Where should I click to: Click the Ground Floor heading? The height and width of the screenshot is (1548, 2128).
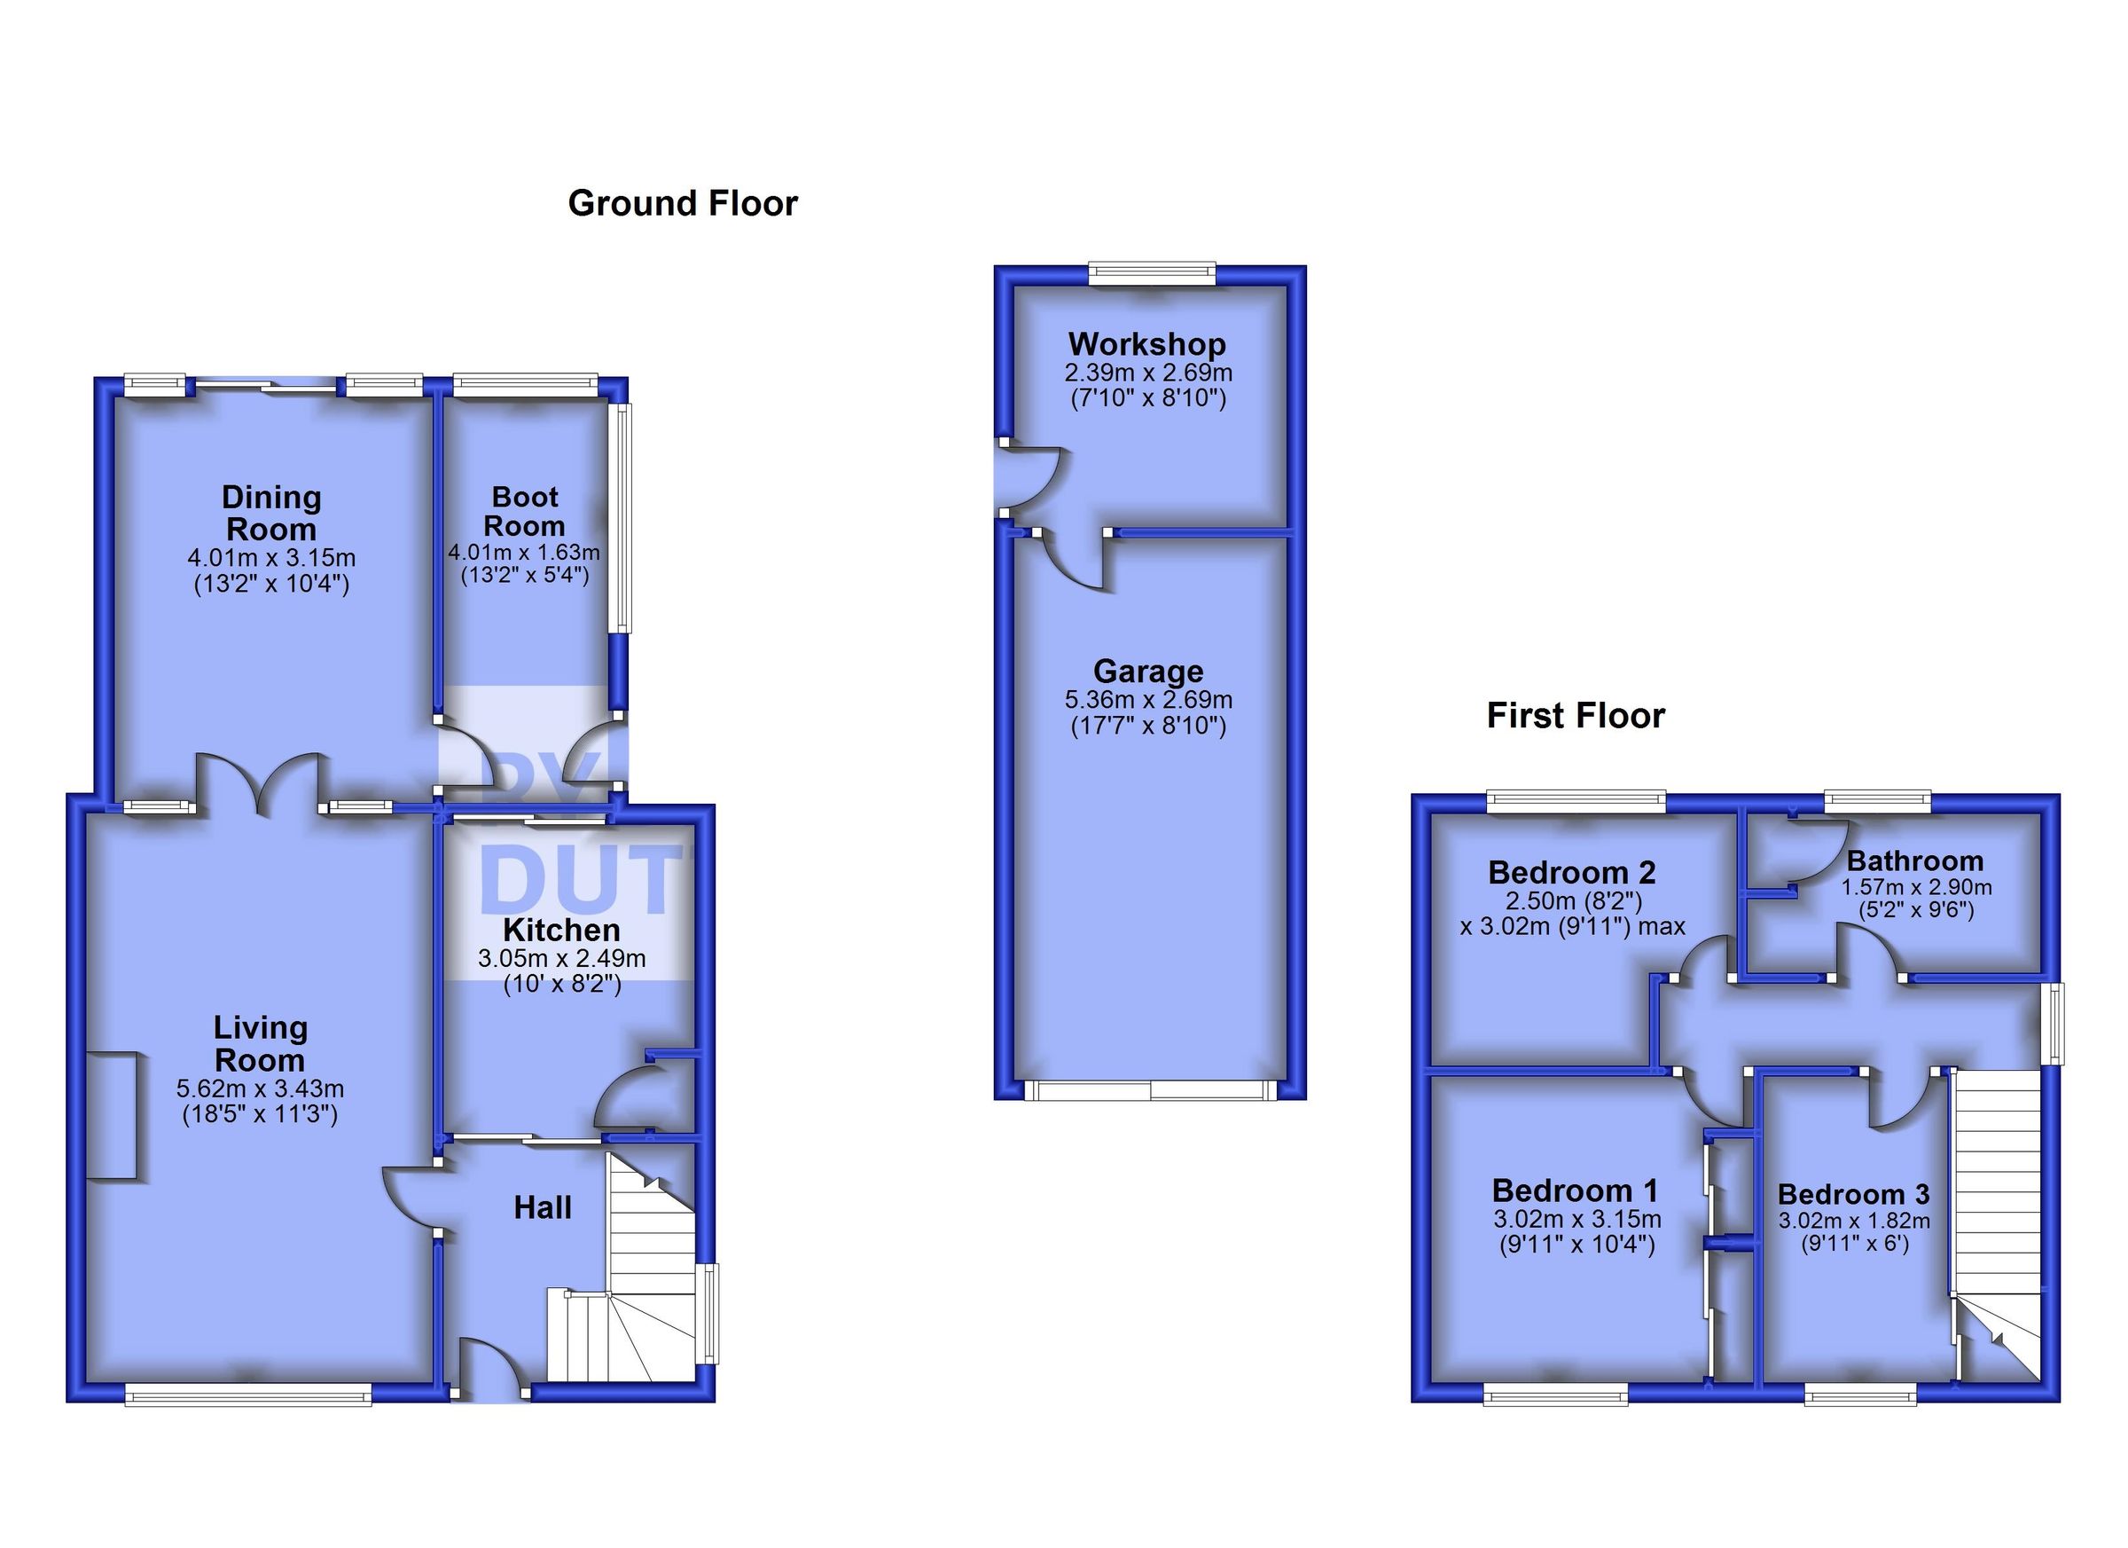tap(682, 204)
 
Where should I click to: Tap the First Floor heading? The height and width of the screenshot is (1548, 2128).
tap(1576, 716)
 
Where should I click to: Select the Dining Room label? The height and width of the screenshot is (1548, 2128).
tap(271, 513)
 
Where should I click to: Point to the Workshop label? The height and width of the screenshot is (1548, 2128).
tap(1146, 344)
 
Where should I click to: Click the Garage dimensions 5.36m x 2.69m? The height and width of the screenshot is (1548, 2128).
tap(1148, 700)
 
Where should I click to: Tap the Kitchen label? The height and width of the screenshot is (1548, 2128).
tap(561, 931)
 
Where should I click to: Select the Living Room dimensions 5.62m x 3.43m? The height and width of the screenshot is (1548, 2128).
tap(260, 1090)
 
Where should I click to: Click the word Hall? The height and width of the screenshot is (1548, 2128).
tap(543, 1208)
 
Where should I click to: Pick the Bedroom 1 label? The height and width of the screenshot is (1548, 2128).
tap(1576, 1191)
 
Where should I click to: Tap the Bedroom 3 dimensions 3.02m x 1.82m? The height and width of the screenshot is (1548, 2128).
tap(1854, 1222)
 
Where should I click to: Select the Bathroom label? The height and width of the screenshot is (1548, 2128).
tap(1915, 860)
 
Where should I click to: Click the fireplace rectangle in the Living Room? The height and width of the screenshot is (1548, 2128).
tap(113, 1116)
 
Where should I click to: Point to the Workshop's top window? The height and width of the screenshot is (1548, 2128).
tap(1151, 273)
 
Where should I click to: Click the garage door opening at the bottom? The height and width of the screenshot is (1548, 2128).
tap(1150, 1090)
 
